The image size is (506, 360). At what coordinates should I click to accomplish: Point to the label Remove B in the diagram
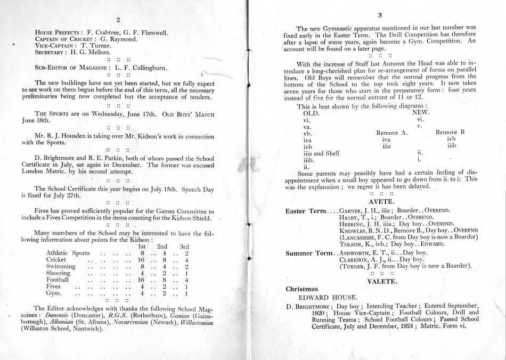pos(451,132)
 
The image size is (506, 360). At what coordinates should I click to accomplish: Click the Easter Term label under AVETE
pos(306,211)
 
